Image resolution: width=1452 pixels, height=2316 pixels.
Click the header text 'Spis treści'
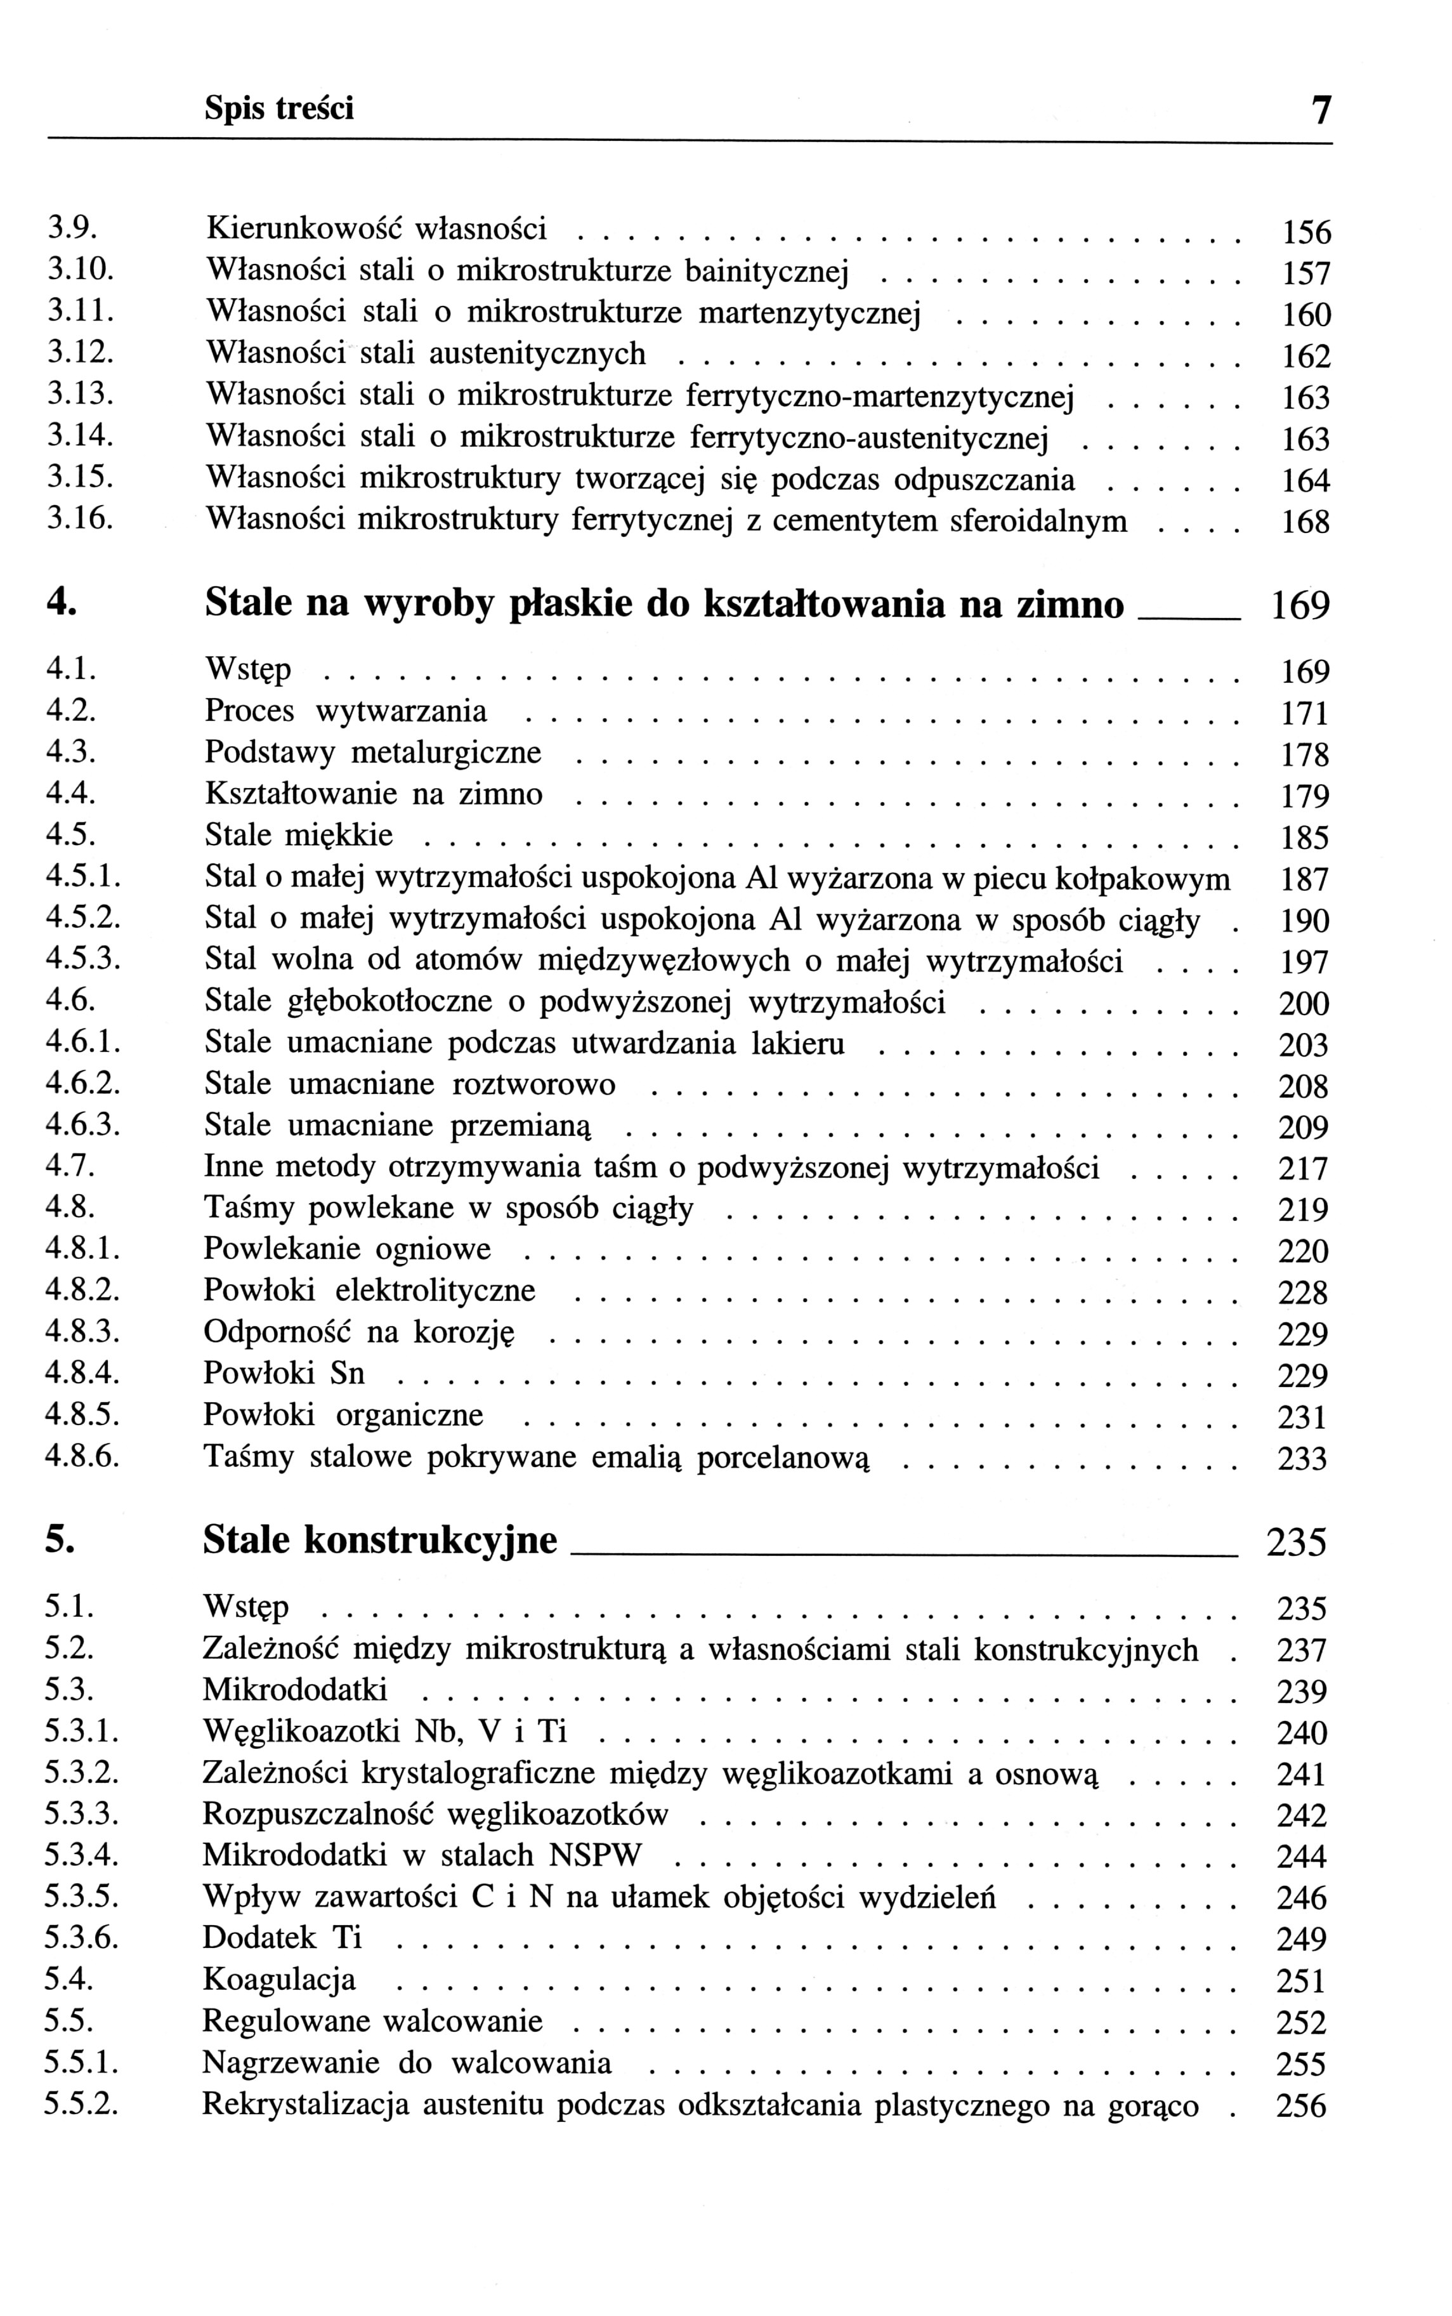(x=278, y=109)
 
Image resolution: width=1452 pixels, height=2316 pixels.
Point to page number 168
(x=1306, y=523)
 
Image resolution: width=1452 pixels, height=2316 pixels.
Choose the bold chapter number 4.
(x=60, y=603)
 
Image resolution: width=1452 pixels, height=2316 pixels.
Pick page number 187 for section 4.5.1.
(x=1305, y=879)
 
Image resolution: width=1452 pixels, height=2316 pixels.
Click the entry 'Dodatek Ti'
(x=282, y=1938)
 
